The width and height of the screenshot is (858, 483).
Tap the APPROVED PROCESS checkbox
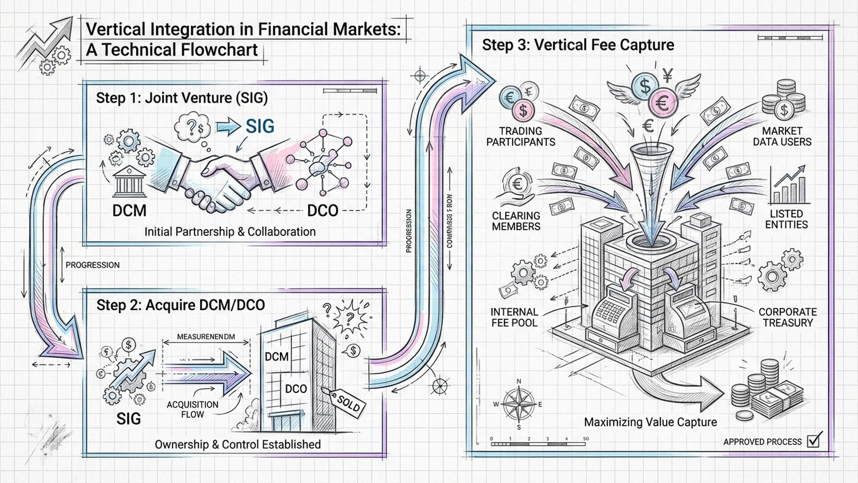814,441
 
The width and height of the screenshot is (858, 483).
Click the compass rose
519,404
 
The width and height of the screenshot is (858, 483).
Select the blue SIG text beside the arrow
260,127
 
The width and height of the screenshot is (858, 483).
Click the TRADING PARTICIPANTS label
521,136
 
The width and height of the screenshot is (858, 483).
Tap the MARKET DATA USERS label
782,136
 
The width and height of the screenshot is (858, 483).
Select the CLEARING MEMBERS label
516,221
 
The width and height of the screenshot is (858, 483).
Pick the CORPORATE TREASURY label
787,317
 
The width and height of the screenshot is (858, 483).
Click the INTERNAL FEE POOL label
514,317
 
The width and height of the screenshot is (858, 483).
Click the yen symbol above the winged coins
668,76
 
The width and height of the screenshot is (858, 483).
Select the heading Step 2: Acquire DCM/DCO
181,305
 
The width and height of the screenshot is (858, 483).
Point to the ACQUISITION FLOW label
193,409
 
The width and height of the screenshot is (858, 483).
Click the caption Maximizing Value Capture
650,422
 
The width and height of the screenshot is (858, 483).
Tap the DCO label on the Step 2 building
296,389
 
